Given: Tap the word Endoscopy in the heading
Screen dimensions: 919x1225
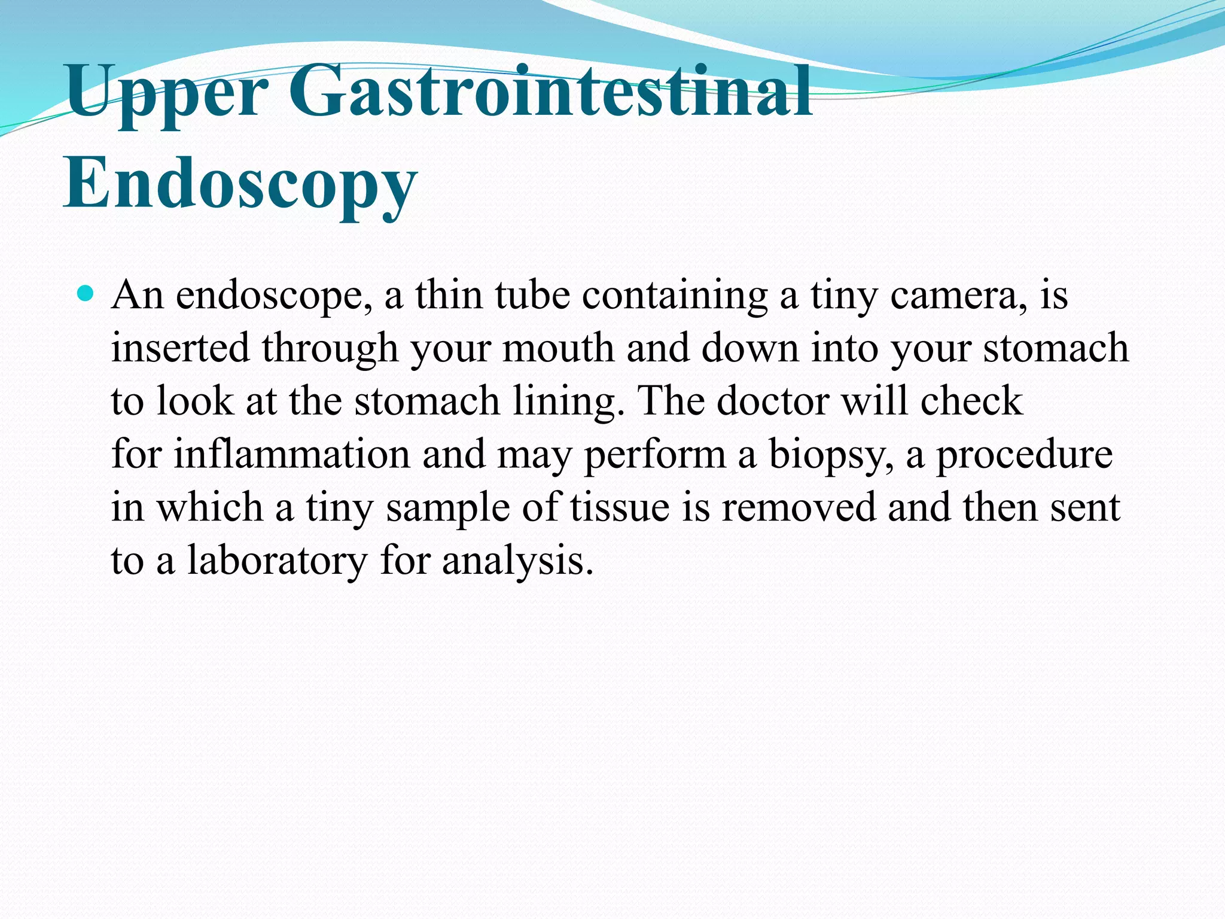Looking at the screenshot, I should [x=239, y=184].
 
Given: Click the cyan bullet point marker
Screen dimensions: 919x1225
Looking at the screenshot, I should [x=86, y=293].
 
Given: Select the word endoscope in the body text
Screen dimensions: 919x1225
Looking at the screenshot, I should [x=273, y=296].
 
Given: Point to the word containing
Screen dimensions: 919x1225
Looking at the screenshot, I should [x=675, y=296].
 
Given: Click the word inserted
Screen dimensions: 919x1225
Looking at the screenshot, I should [x=180, y=349].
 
